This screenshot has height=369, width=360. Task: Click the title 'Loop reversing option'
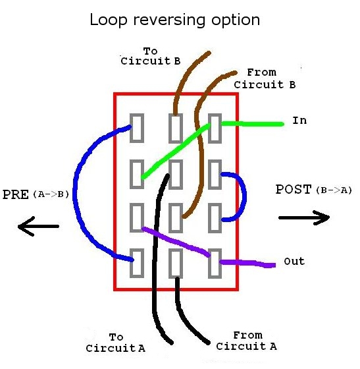coord(174,20)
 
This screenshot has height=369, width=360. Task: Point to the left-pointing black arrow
coord(38,227)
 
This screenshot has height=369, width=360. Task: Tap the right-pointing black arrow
coord(303,217)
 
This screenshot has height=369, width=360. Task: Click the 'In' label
coord(299,121)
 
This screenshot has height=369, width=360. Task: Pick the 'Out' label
coord(294,262)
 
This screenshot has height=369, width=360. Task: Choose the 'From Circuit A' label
coord(247,341)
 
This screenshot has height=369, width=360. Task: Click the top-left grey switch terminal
coord(136,128)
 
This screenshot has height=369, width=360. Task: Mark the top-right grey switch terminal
coord(215,128)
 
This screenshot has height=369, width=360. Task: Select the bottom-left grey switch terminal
coord(136,263)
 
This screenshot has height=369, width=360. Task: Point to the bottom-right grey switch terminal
coord(215,263)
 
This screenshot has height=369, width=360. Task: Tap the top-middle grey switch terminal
coord(175,128)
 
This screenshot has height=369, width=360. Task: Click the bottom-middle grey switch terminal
coord(175,263)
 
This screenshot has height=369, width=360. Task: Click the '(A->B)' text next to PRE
coord(50,195)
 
